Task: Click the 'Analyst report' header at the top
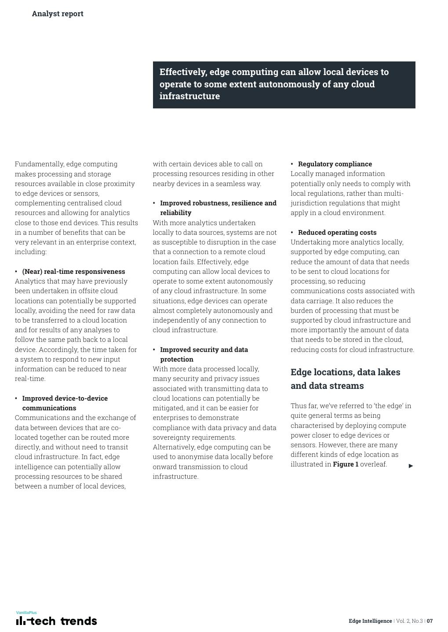58,14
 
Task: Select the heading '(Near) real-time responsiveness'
73,272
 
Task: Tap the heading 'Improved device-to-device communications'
65,403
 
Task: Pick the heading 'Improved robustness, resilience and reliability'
218,208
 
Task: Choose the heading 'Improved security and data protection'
204,354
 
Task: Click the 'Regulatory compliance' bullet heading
335,164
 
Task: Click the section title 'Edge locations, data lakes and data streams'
346,379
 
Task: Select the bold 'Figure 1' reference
346,464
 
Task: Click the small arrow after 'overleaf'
411,466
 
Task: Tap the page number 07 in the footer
430,621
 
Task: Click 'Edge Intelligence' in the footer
370,621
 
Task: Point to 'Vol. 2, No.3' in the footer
409,621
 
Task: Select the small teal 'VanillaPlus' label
26,612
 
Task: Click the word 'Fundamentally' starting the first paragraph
39,164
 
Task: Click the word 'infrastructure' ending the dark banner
189,96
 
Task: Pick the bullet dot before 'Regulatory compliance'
292,164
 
